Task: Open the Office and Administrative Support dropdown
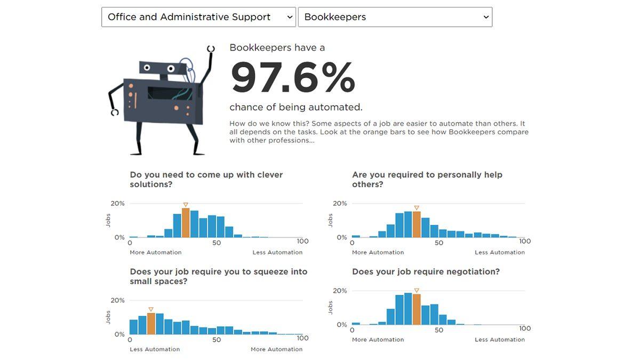(x=198, y=17)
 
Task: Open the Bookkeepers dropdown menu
(x=395, y=17)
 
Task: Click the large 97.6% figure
(x=293, y=78)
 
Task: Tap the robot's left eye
(x=148, y=68)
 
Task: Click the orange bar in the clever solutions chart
(x=186, y=223)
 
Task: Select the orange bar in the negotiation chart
(x=417, y=309)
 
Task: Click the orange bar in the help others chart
(x=417, y=225)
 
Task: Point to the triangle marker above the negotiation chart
(x=417, y=291)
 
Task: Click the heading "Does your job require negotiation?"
(x=426, y=271)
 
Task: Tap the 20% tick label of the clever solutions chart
(x=118, y=204)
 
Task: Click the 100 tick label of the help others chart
(x=525, y=242)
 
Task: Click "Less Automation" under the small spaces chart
(x=155, y=349)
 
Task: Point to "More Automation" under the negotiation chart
(x=378, y=340)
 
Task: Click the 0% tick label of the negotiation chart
(x=341, y=324)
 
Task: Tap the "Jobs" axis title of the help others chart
(x=331, y=220)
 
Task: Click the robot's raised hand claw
(x=211, y=49)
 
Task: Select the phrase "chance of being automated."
(x=296, y=107)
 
